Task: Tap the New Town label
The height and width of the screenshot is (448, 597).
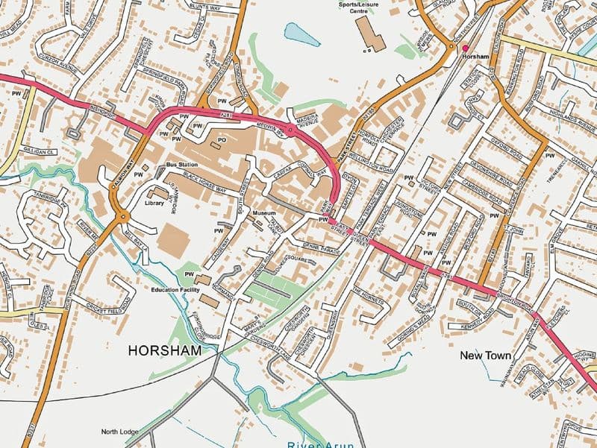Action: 485,356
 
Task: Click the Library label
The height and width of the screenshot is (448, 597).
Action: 154,203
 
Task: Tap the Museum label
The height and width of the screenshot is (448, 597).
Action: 264,213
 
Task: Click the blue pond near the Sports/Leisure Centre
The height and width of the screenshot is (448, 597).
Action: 300,34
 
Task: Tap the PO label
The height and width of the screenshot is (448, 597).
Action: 222,139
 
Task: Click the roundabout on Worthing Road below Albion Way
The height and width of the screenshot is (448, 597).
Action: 123,218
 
